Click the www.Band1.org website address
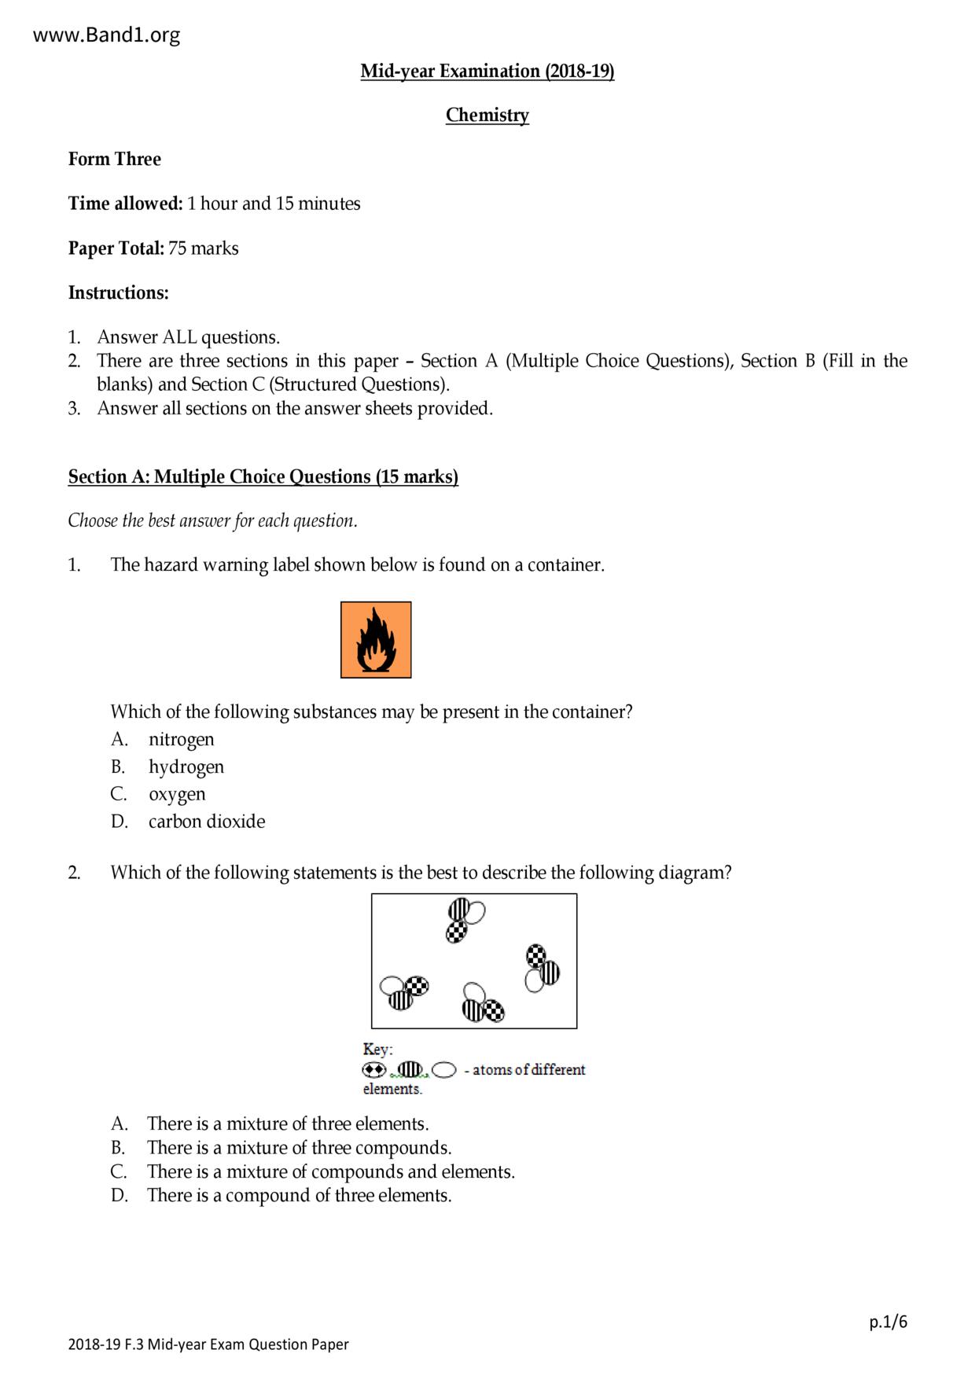coord(106,35)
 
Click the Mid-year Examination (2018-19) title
coord(487,72)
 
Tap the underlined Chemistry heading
coord(487,116)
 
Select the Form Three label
coord(114,160)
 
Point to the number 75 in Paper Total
coord(177,248)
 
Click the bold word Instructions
coord(118,293)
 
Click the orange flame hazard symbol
coord(376,640)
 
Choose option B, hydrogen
coord(186,767)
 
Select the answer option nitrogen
coord(181,739)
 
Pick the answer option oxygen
coord(177,794)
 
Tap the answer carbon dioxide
coord(207,822)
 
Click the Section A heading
coord(263,477)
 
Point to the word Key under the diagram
coord(377,1050)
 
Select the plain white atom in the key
coord(444,1070)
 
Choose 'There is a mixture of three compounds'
coord(299,1148)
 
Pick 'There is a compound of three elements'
coord(299,1196)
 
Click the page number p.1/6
coord(888,1322)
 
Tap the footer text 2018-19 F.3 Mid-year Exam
coord(208,1344)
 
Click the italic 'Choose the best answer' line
coord(212,521)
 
